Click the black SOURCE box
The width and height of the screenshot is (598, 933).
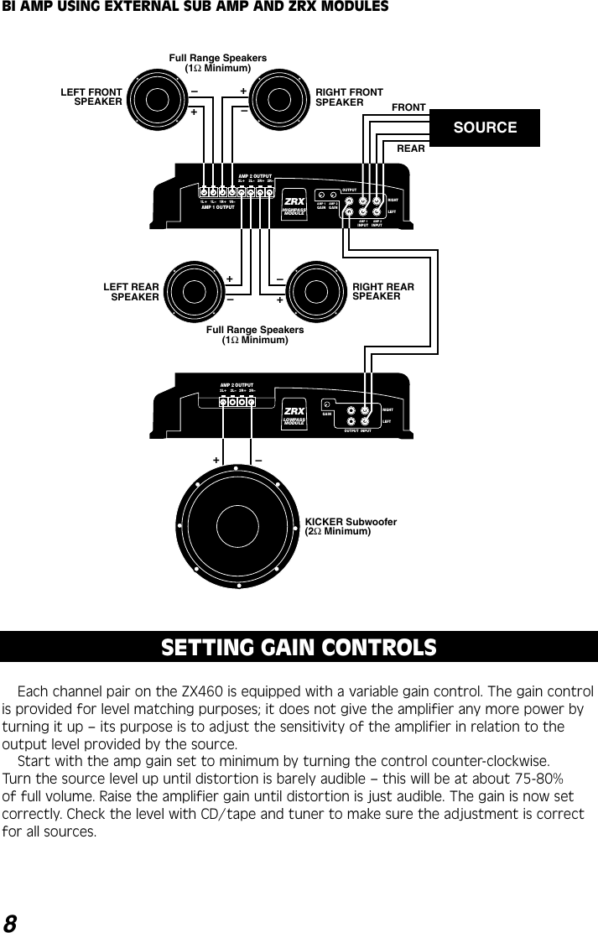point(484,128)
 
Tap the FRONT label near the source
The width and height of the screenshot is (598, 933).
point(409,107)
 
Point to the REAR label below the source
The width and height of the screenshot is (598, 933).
point(410,149)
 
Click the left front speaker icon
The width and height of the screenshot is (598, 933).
point(158,100)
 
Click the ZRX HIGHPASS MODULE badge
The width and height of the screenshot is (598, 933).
point(294,206)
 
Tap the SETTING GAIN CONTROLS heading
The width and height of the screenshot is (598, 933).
point(299,648)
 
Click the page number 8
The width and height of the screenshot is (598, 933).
point(10,922)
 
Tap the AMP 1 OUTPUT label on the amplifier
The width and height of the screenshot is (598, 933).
point(217,207)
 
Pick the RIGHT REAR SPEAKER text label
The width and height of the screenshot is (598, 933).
point(382,292)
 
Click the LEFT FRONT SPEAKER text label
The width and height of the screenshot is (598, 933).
point(91,96)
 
